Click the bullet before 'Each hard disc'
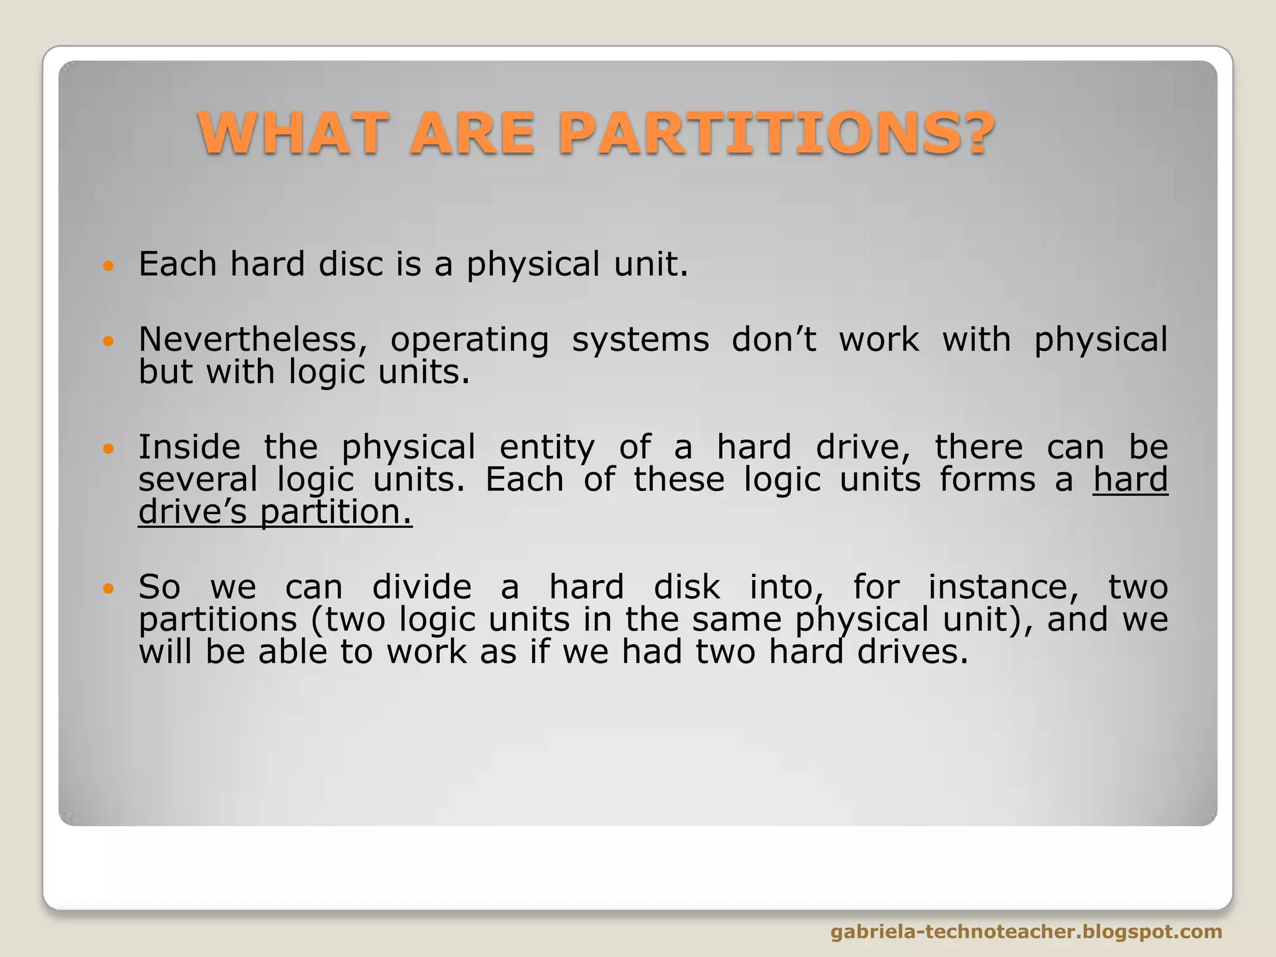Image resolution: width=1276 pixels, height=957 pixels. point(108,266)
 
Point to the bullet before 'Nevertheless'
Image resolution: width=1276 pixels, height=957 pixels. point(108,341)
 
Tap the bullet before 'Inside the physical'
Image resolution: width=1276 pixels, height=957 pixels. point(108,449)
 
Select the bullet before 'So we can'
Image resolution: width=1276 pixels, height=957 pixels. point(108,589)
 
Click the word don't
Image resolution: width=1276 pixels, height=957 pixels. point(773,340)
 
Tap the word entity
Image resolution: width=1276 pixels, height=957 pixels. point(547,448)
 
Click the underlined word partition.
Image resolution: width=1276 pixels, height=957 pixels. point(336,513)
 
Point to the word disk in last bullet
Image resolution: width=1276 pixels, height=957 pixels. point(687,588)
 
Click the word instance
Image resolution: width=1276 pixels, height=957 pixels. point(1003,588)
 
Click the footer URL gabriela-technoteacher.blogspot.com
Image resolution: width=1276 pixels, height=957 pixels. point(1026,931)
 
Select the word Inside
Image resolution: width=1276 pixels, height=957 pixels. point(189,448)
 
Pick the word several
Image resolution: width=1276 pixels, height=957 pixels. point(198,480)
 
